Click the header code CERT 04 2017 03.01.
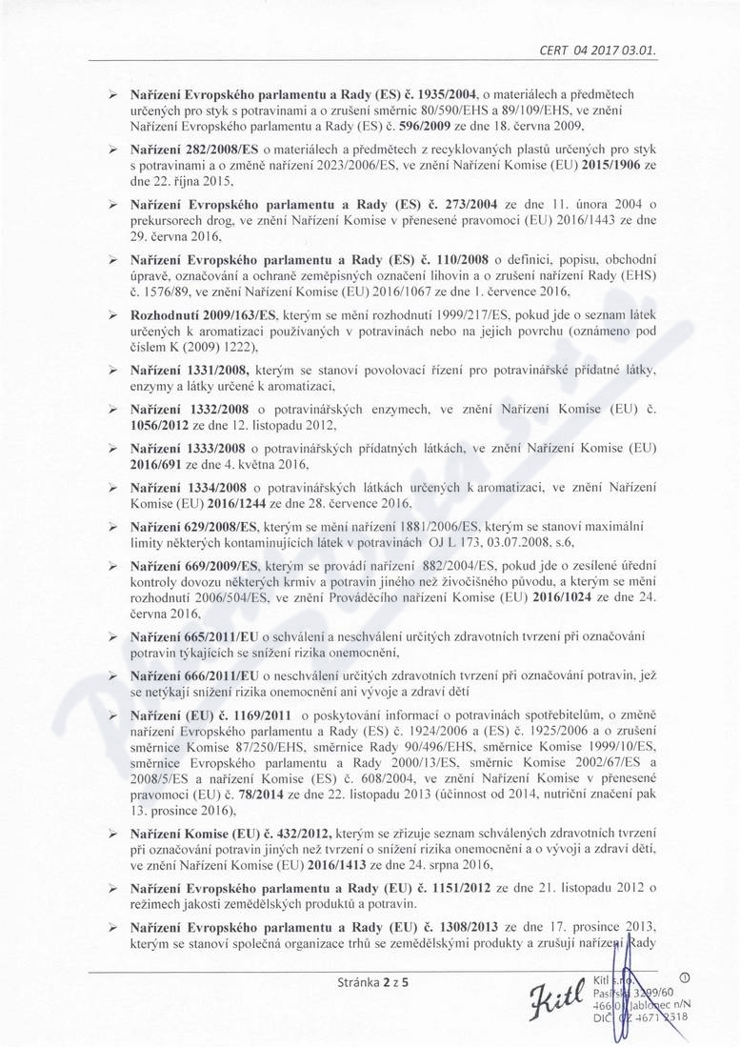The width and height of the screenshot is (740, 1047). click(x=598, y=50)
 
